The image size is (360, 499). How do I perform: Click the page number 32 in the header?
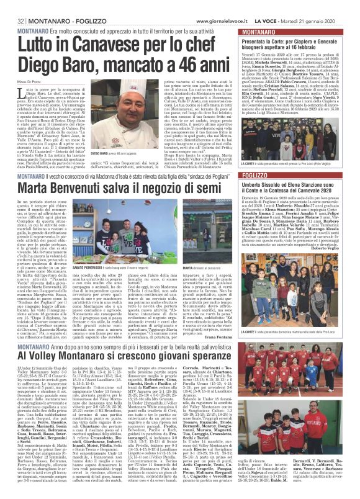coord(8,6)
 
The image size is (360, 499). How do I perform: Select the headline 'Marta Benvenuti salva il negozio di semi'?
coord(118,187)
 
